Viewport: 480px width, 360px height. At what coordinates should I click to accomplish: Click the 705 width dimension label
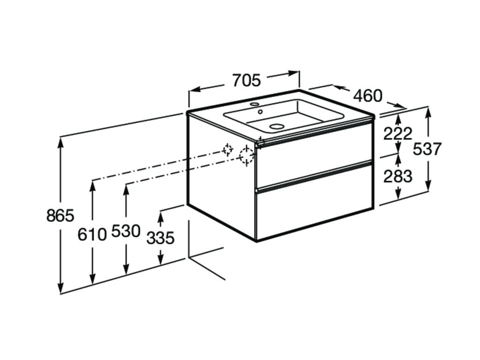pos(247,81)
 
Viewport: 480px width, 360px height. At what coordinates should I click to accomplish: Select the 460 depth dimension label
pos(368,96)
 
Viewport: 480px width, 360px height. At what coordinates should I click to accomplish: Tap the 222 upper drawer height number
pos(398,134)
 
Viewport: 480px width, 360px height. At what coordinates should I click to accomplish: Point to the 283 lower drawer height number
pos(398,176)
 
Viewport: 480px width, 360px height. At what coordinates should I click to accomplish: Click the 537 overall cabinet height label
pos(427,150)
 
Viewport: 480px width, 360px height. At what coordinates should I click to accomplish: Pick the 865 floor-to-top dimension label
pos(60,216)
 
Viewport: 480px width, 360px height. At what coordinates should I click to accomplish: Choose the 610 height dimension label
pos(92,235)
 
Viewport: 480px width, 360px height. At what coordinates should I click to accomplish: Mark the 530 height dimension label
pos(126,231)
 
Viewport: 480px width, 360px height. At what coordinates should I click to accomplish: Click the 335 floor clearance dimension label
pos(160,238)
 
